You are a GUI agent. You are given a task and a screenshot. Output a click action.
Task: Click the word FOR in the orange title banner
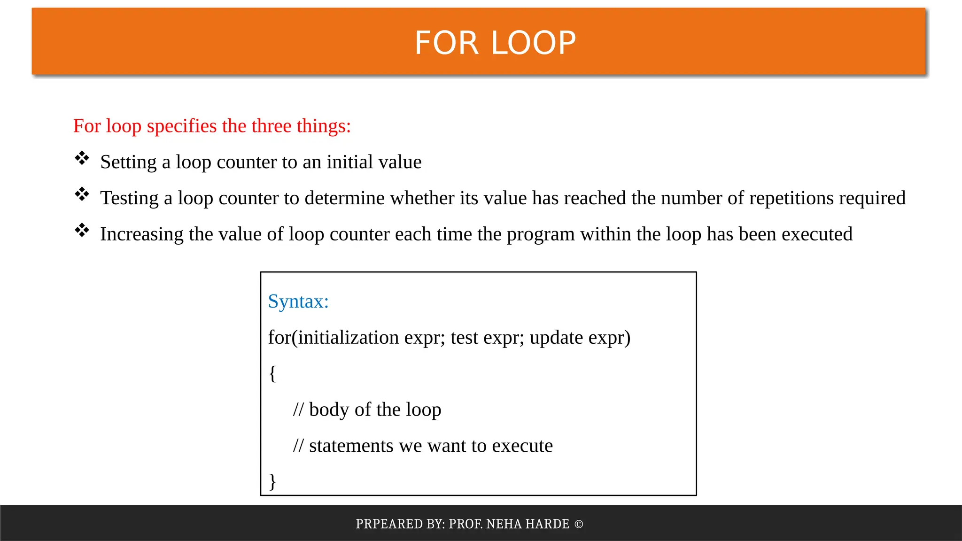[x=446, y=43]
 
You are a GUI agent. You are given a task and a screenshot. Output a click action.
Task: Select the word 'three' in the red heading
[x=270, y=126]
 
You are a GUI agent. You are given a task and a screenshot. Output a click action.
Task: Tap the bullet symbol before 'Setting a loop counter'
[x=82, y=158]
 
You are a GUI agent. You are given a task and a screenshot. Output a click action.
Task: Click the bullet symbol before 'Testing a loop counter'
[x=82, y=194]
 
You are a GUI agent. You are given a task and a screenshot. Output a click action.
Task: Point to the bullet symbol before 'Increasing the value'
[x=82, y=230]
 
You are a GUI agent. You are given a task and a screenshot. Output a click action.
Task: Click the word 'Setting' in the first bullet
[x=128, y=162]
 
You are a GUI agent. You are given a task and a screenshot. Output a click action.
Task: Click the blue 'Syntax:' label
[x=298, y=301]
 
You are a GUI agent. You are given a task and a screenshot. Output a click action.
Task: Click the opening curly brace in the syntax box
[x=272, y=374]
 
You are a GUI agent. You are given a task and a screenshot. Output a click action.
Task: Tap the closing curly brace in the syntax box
[x=272, y=481]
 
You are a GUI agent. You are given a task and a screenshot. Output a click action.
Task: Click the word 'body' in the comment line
[x=329, y=410]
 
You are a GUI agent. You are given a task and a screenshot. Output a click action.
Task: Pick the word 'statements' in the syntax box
[x=351, y=446]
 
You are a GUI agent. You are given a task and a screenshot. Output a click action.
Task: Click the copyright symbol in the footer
[x=579, y=524]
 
